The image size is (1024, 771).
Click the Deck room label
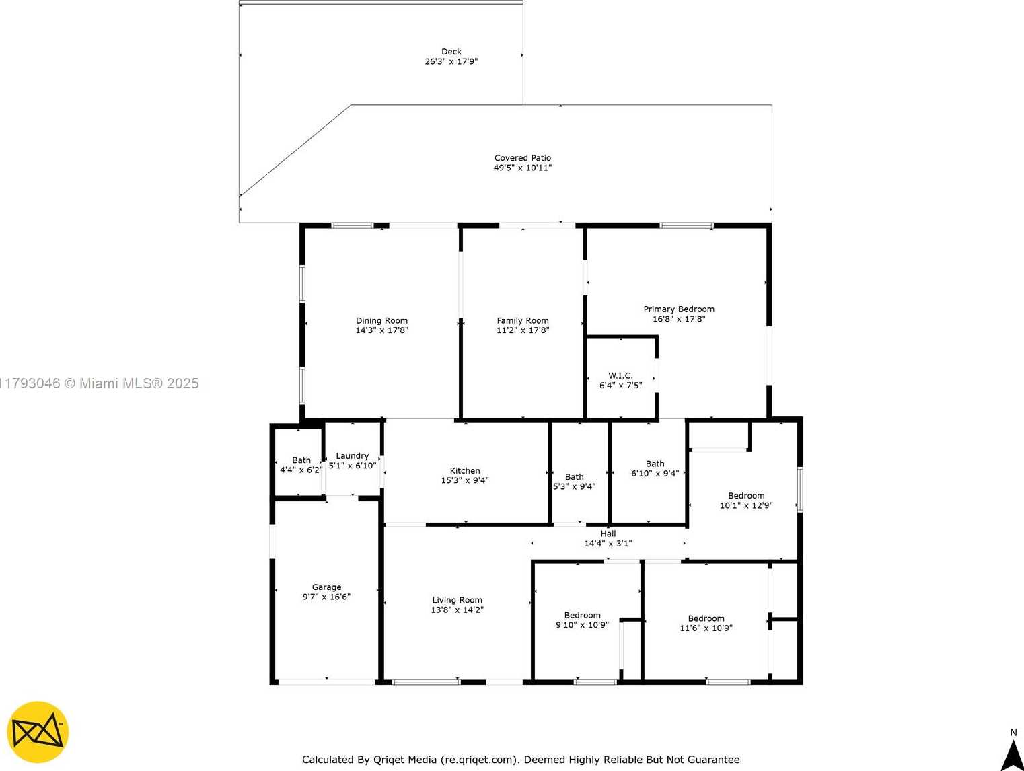point(451,52)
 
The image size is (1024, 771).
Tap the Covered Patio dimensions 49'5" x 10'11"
point(523,168)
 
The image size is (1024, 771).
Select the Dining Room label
point(381,320)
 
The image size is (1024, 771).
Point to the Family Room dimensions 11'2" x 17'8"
point(523,330)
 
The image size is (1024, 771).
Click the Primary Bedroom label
point(679,309)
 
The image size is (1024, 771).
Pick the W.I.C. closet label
point(620,375)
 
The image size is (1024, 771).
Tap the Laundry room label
point(353,456)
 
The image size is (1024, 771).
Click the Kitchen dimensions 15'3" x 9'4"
point(465,480)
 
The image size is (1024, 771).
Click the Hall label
point(608,534)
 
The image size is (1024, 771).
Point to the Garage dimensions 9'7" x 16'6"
point(326,597)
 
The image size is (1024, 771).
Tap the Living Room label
point(457,600)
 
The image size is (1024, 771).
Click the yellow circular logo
point(38,732)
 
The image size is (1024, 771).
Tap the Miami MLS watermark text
point(99,383)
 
